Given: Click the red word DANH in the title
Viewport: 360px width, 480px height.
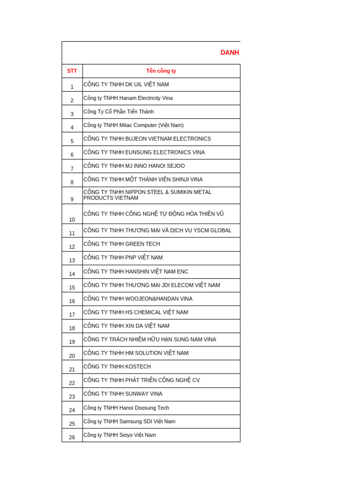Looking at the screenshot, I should (x=230, y=53).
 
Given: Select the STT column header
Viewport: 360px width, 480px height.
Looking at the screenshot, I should (x=72, y=71).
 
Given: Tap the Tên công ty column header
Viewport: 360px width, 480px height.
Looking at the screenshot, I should (x=161, y=71).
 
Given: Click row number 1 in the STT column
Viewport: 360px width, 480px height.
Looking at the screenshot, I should (x=72, y=87).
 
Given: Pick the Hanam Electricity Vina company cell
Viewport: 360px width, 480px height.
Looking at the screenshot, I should (x=128, y=98).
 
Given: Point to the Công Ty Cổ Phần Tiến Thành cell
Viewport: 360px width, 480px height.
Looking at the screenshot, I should (x=119, y=112).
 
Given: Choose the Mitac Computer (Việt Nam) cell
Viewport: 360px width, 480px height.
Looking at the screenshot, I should (x=134, y=125).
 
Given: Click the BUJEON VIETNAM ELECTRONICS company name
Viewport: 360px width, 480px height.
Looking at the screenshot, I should (x=147, y=139).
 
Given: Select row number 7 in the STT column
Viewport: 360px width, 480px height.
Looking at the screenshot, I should (x=72, y=169).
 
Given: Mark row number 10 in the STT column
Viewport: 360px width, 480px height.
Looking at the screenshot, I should (x=72, y=219).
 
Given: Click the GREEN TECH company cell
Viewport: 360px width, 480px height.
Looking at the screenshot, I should (x=122, y=244).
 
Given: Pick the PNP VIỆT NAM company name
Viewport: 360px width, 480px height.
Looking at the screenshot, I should (x=123, y=257).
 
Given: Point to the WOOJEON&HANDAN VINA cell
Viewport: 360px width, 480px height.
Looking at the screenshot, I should (x=138, y=299).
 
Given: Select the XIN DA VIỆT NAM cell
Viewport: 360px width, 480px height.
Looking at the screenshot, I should (x=127, y=326).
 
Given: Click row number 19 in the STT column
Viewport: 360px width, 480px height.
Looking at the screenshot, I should (x=72, y=342).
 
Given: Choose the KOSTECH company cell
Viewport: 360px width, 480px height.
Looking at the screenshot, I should (x=117, y=367).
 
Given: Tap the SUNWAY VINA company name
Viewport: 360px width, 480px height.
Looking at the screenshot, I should (x=123, y=394).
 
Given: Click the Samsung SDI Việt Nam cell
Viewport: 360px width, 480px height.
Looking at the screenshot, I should (x=129, y=421).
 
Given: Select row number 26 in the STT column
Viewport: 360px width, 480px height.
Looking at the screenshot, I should (x=72, y=437).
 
